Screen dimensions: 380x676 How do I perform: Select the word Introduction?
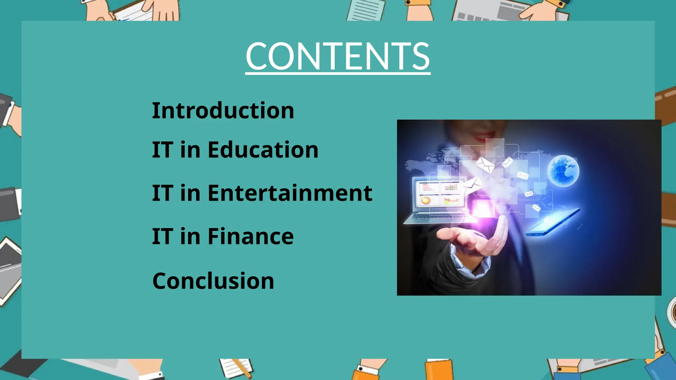click(223, 111)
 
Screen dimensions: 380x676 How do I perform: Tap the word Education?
click(263, 150)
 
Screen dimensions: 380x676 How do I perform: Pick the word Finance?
click(250, 237)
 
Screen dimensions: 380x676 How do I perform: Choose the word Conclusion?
click(213, 281)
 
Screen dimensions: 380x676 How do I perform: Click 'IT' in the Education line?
click(162, 150)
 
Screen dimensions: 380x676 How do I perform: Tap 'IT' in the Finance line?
click(162, 237)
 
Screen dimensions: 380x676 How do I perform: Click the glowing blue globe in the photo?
click(563, 171)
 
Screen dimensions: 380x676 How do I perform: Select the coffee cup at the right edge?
click(672, 312)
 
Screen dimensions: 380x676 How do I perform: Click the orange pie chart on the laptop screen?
click(425, 200)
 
